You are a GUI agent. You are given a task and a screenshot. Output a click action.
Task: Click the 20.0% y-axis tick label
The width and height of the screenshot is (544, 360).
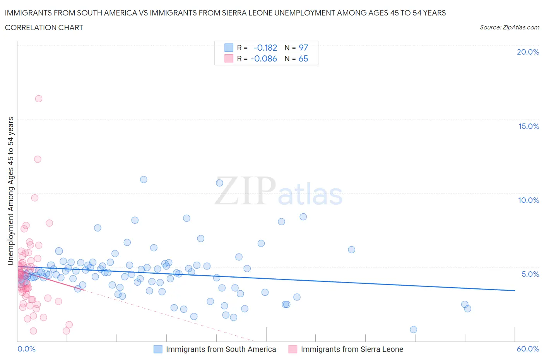pyautogui.click(x=528, y=52)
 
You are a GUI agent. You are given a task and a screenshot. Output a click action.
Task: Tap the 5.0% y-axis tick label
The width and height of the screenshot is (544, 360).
pyautogui.click(x=530, y=274)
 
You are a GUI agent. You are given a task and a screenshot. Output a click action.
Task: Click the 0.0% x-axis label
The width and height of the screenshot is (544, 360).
pyautogui.click(x=26, y=349)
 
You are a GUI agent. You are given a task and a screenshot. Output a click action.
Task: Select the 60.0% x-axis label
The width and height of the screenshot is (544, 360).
pyautogui.click(x=528, y=349)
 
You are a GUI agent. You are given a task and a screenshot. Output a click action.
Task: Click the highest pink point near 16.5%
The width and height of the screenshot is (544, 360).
pyautogui.click(x=38, y=99)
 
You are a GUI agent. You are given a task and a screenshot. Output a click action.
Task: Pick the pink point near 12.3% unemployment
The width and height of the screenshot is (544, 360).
pyautogui.click(x=38, y=159)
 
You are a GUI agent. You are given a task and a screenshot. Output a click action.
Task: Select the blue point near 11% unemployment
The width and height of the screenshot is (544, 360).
pyautogui.click(x=144, y=179)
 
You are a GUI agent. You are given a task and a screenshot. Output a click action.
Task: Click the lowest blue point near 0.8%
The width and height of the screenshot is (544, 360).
pyautogui.click(x=413, y=329)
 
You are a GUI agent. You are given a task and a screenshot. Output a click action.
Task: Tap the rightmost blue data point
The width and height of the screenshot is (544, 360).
pyautogui.click(x=467, y=309)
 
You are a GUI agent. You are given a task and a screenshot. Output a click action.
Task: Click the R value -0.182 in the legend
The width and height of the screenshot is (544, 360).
pyautogui.click(x=265, y=48)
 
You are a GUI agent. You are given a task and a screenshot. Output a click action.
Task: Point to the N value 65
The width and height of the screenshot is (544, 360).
pyautogui.click(x=303, y=58)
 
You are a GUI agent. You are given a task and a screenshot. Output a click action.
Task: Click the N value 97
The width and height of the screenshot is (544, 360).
pyautogui.click(x=303, y=48)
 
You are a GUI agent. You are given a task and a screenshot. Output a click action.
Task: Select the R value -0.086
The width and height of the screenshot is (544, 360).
pyautogui.click(x=263, y=58)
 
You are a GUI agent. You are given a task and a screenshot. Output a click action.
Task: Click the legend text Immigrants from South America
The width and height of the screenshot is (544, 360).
pyautogui.click(x=221, y=349)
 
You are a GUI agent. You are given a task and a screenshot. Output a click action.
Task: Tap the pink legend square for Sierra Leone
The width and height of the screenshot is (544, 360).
pyautogui.click(x=293, y=349)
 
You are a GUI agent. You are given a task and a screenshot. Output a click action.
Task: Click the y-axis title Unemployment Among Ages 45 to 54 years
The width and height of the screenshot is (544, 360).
pyautogui.click(x=11, y=191)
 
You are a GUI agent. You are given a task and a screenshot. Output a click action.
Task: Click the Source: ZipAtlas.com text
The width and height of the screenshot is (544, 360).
pyautogui.click(x=509, y=27)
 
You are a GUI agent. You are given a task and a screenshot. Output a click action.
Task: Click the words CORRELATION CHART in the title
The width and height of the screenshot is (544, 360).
pyautogui.click(x=44, y=27)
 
